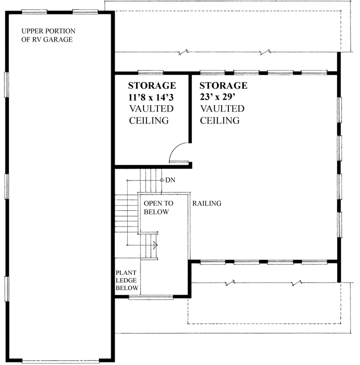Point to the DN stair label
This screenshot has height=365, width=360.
click(x=170, y=180)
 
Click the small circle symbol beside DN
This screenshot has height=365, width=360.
click(x=161, y=180)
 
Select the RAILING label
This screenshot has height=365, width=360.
click(x=207, y=203)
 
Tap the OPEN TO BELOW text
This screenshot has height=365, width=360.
click(x=156, y=208)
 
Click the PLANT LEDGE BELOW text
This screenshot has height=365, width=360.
click(x=128, y=280)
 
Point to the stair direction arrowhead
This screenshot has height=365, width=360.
click(x=156, y=244)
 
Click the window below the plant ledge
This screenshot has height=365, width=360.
click(x=150, y=297)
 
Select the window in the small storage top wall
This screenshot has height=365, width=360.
click(x=150, y=73)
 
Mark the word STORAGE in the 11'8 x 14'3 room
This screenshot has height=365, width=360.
click(x=151, y=85)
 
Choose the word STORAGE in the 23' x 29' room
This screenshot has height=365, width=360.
click(x=223, y=85)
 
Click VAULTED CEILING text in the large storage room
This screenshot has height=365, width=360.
click(x=222, y=115)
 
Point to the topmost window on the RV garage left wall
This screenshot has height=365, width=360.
click(x=6, y=85)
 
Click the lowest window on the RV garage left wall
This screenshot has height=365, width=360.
click(x=6, y=288)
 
